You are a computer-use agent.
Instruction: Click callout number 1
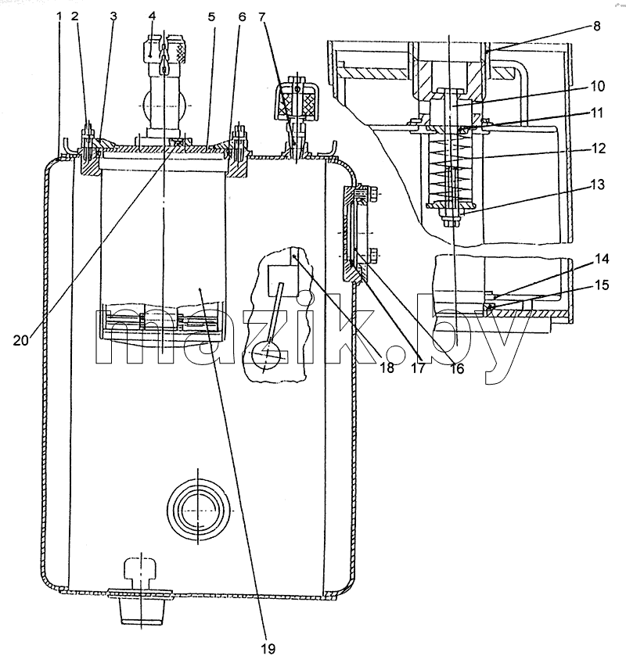click(59, 16)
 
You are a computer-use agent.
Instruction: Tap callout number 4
click(153, 16)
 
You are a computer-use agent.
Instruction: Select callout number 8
click(596, 26)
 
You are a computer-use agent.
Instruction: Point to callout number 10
click(597, 86)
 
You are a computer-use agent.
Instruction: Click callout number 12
click(599, 149)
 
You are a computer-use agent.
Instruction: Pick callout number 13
click(598, 185)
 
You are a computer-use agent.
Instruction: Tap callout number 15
click(602, 285)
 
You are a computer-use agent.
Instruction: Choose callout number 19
click(268, 648)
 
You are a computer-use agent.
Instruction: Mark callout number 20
click(21, 340)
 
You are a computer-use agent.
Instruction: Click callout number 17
click(418, 368)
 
